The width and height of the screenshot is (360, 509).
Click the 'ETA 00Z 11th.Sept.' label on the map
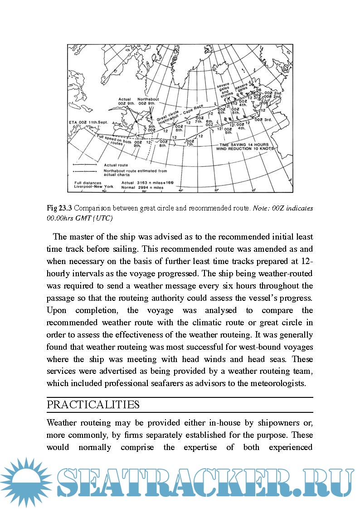tap(89, 122)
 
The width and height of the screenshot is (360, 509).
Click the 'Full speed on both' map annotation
tap(114, 138)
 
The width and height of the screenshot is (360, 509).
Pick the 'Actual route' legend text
tap(116, 165)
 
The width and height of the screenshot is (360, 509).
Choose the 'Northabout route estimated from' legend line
tap(136, 171)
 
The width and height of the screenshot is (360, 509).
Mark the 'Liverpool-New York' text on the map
tap(94, 186)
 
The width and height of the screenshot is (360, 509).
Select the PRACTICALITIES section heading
tap(93, 405)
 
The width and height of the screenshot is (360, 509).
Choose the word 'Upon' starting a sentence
tap(58, 311)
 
